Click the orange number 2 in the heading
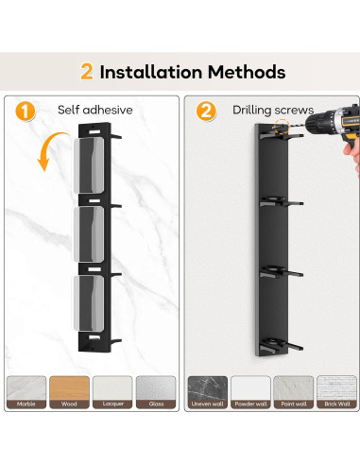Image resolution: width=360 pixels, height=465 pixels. coord(87,72)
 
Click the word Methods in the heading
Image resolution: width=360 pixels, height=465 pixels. coord(247,72)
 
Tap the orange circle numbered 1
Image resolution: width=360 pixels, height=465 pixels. coord(26,112)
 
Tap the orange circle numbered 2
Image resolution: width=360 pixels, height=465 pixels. coord(206,112)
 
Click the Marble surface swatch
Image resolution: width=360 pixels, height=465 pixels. coord(26,392)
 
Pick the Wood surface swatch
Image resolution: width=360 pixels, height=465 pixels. coord(69,392)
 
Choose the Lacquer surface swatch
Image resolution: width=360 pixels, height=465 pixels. coord(112,392)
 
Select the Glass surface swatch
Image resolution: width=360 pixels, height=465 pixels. coord(156,392)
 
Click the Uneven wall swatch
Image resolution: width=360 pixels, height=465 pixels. coord(208,392)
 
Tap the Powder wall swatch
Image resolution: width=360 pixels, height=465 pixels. coord(250,392)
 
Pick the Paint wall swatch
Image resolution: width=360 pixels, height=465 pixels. coord(294,392)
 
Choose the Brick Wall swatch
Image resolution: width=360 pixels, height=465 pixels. coord(336,392)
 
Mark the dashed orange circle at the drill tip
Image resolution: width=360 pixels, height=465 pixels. coord(282,128)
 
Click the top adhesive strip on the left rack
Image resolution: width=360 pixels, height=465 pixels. coord(89,165)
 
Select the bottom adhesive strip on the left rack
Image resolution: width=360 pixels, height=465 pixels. coord(89,303)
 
